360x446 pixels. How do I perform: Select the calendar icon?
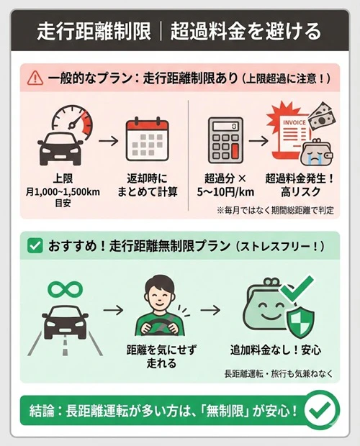(147, 138)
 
